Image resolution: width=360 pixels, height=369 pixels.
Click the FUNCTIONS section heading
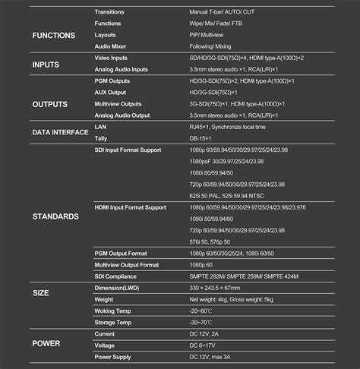pos(54,35)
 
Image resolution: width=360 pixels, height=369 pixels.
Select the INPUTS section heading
pos(46,65)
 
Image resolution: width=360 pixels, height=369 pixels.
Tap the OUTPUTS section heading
pos(50,103)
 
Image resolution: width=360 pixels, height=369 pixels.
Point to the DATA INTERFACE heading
pos(60,132)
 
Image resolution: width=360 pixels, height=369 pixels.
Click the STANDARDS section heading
pos(55,216)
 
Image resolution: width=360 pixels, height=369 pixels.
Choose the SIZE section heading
pos(41,292)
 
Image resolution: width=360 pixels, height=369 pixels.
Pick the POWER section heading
pos(46,343)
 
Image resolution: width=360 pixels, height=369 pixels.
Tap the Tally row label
pos(101,138)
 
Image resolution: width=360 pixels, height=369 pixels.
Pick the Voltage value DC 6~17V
pos(207,345)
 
